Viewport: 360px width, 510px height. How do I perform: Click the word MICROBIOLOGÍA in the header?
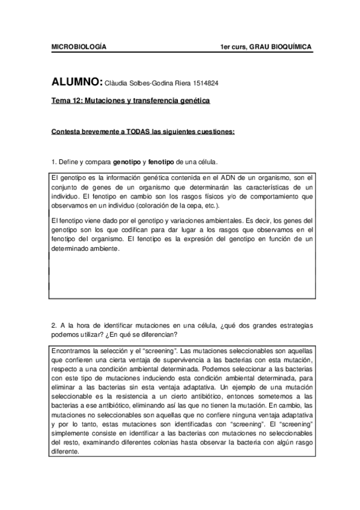click(78, 47)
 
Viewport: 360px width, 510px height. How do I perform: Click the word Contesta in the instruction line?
click(64, 132)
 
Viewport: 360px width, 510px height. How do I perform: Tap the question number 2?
click(53, 325)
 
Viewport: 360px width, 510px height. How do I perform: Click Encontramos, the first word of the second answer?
click(72, 351)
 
